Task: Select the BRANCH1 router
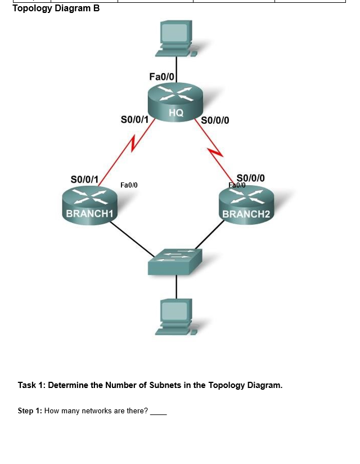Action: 90,204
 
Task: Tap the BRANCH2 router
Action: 247,204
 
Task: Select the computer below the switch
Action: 177,317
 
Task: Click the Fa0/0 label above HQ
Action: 163,76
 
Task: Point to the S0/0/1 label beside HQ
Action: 134,119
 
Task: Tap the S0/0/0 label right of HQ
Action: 214,120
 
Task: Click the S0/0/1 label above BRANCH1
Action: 84,179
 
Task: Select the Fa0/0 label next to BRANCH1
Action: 129,185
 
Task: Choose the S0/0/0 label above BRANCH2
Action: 251,177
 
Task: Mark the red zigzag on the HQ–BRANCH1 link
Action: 133,143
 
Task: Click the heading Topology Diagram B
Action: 56,8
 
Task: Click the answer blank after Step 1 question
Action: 159,412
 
